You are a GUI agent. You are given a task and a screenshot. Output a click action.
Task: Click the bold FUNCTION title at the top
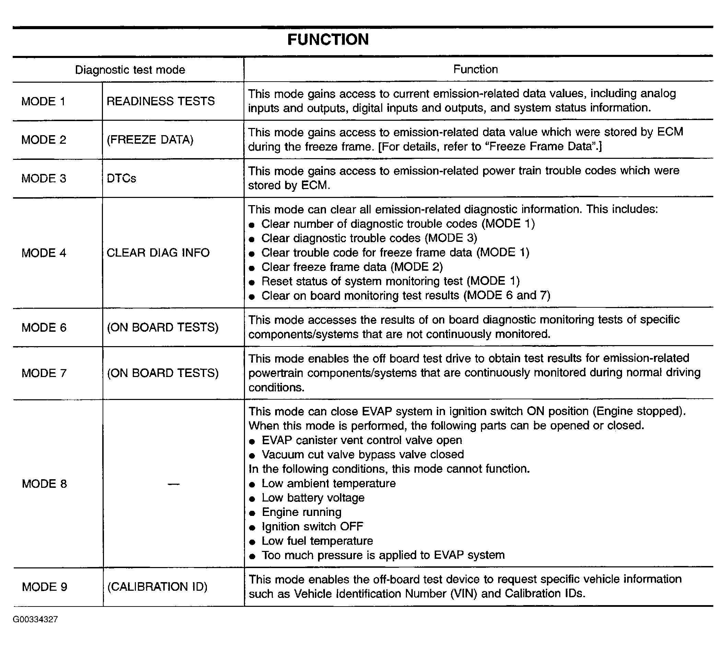point(328,39)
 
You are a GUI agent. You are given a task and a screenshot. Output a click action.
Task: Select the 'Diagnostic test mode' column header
point(130,70)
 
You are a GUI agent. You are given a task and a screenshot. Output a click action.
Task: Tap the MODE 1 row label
point(44,102)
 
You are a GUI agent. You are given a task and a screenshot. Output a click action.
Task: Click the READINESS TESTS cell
point(161,101)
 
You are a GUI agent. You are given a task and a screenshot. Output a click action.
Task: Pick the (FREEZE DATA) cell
point(150,140)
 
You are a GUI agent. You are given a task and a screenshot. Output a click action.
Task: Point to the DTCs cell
point(121,178)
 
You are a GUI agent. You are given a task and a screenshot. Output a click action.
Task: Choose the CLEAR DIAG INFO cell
point(158,253)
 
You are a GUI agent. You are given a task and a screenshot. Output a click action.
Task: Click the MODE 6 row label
point(44,328)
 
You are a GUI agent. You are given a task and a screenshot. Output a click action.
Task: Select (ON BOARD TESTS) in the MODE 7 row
point(163,373)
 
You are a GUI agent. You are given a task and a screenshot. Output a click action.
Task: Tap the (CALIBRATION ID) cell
point(157,586)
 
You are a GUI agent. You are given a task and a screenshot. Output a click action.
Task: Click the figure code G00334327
point(35,620)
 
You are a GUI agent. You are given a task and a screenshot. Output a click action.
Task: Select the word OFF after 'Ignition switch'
point(351,527)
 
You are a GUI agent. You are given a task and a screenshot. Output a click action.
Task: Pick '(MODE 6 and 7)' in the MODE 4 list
point(507,295)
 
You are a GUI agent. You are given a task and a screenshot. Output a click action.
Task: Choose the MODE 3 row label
point(44,178)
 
